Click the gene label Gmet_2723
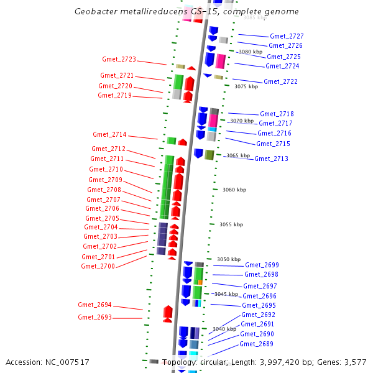tap(119, 60)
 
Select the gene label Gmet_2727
tap(287, 37)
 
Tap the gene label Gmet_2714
tap(109, 135)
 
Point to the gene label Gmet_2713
tap(271, 159)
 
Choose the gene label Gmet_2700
tap(98, 267)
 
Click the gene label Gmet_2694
tap(94, 305)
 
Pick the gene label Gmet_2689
tap(256, 344)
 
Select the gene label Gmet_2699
tap(262, 265)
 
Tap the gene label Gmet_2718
tap(277, 114)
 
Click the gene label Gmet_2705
tap(102, 219)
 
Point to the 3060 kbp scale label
tap(234, 190)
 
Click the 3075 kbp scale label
tap(246, 87)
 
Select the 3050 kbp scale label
tap(228, 259)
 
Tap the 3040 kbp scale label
tap(224, 329)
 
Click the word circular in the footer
tap(211, 362)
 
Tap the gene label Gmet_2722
tap(280, 82)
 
